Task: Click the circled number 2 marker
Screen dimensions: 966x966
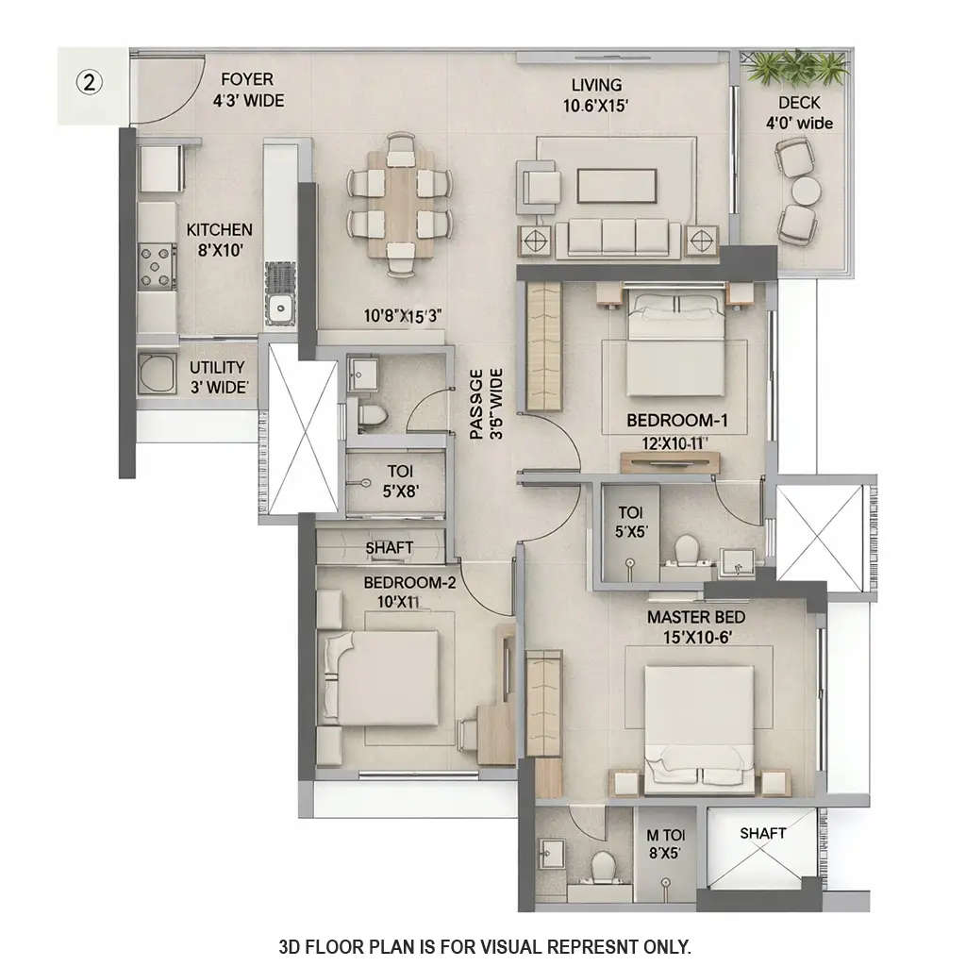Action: (x=90, y=83)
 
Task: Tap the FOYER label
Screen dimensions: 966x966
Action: (x=247, y=81)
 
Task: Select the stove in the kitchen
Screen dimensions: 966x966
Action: (x=158, y=265)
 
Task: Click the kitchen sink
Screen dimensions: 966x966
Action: (x=280, y=308)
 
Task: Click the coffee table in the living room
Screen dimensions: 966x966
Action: (x=616, y=186)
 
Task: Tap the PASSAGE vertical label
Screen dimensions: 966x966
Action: (x=485, y=405)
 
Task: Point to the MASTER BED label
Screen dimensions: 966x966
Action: (x=695, y=617)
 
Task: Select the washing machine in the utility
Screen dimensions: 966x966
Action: (x=157, y=375)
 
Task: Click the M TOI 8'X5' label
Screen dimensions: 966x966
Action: (x=664, y=843)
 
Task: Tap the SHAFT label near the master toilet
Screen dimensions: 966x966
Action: (x=762, y=833)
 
